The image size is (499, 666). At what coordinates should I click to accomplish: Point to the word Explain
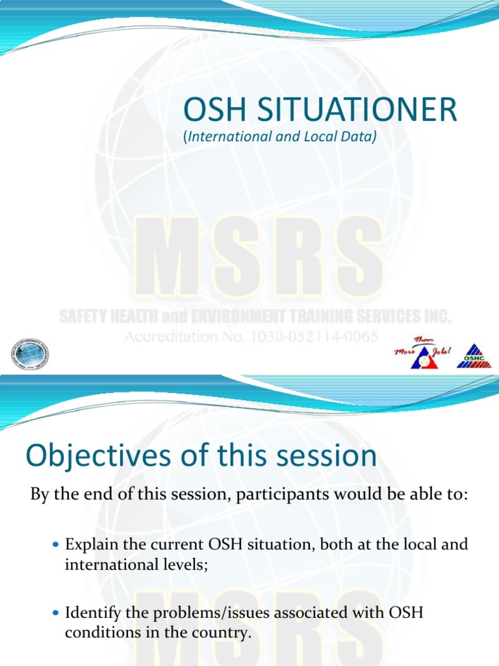pos(90,544)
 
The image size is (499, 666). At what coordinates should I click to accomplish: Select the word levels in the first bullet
pos(185,564)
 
